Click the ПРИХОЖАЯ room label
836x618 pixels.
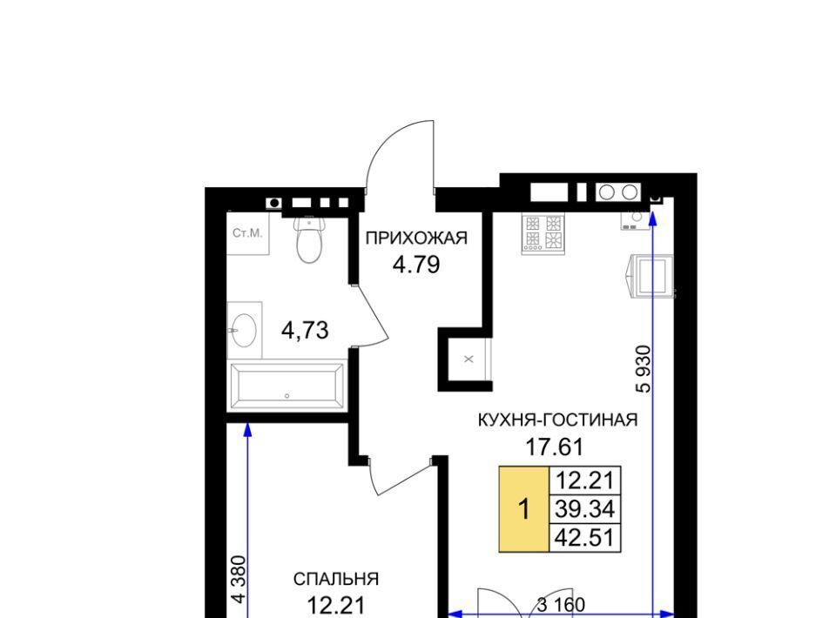click(x=416, y=238)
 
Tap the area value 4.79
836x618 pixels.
click(x=416, y=265)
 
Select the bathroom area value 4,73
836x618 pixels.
click(x=305, y=330)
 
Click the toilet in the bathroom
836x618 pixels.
click(x=309, y=239)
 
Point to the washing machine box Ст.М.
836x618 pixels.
click(x=248, y=232)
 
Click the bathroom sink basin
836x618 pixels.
click(x=243, y=330)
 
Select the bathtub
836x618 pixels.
click(x=287, y=386)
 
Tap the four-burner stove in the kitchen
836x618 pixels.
click(x=543, y=232)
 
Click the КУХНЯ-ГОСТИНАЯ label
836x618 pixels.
click(x=557, y=420)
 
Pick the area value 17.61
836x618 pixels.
click(x=555, y=447)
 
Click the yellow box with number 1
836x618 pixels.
click(x=524, y=509)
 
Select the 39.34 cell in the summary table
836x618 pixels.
click(x=585, y=509)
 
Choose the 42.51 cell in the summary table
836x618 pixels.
click(x=585, y=537)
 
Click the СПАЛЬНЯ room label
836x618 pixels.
click(x=336, y=579)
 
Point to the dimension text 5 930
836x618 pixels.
click(x=644, y=369)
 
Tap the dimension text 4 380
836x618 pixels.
click(x=239, y=580)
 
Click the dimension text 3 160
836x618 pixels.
click(x=560, y=605)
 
